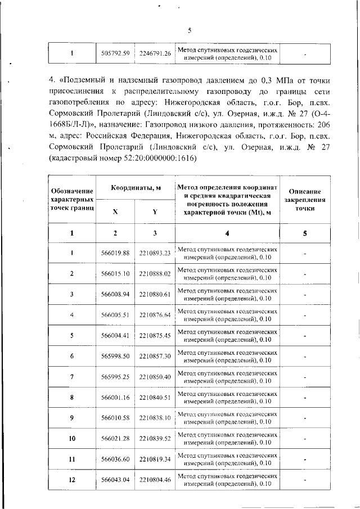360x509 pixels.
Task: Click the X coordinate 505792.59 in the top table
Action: pos(115,53)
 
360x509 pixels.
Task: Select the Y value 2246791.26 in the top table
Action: pos(155,53)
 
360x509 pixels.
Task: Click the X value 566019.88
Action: pos(115,253)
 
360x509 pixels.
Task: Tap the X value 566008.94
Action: pos(115,294)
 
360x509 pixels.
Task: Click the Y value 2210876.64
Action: pos(155,315)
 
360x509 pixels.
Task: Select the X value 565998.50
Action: pos(115,357)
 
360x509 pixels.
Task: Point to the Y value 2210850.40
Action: pos(155,377)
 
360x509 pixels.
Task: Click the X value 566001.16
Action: pos(115,398)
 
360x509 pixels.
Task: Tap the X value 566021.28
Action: pos(115,439)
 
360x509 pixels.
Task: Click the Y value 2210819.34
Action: pos(155,460)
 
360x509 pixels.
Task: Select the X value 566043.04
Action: pos(115,480)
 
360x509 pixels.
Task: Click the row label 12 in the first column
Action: pos(72,480)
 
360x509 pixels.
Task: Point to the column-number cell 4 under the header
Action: pos(227,233)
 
